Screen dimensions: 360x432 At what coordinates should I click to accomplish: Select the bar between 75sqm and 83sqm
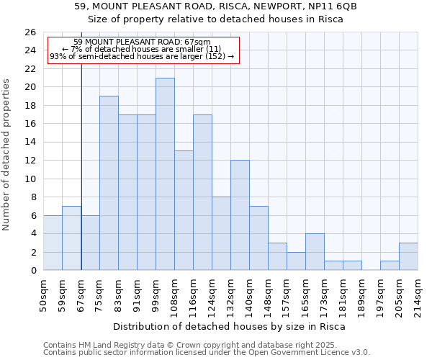click(x=109, y=183)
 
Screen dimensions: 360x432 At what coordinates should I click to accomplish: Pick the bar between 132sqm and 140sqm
click(x=240, y=215)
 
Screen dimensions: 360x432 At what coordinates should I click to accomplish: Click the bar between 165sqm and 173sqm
click(x=315, y=252)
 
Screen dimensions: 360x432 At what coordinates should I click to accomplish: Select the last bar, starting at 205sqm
click(x=408, y=256)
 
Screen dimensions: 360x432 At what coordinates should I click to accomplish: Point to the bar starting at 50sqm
click(x=53, y=243)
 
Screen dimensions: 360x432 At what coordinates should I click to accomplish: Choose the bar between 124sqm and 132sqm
click(x=221, y=233)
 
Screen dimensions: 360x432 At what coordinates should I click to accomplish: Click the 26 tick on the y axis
click(x=30, y=32)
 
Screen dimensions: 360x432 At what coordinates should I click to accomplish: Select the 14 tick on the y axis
click(x=30, y=143)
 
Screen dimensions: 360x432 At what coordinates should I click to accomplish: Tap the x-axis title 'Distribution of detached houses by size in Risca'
click(x=230, y=326)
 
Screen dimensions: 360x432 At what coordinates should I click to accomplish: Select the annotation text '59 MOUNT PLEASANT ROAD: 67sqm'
click(x=142, y=42)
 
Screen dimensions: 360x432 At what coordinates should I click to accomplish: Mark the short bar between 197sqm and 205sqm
click(x=390, y=266)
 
